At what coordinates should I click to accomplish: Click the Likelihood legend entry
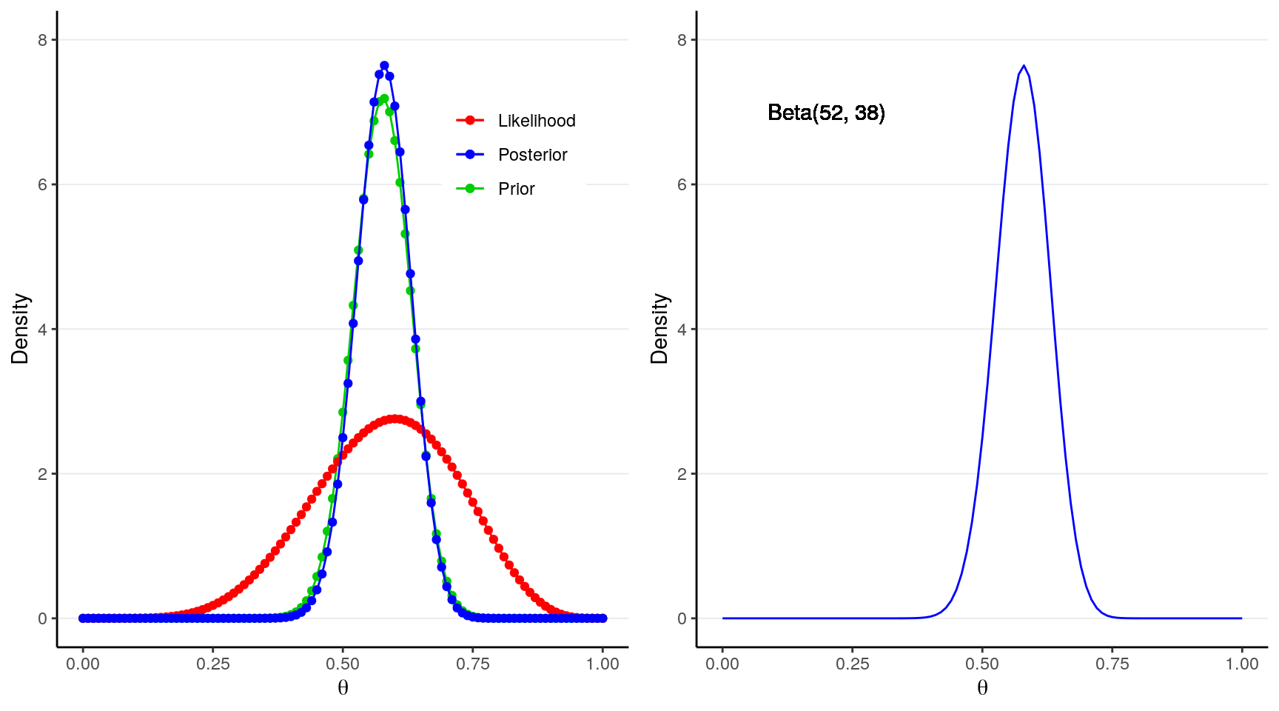click(536, 121)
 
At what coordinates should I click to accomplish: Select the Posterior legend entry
click(532, 155)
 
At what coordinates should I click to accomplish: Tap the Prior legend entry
click(516, 189)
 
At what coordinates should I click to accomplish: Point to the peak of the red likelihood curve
click(395, 419)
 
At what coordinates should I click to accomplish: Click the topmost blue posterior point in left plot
click(384, 66)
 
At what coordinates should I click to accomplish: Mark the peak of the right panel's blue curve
click(1024, 66)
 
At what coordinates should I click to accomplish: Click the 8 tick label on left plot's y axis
click(43, 40)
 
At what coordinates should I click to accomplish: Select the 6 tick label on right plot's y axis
click(682, 184)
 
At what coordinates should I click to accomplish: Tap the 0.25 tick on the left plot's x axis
click(213, 664)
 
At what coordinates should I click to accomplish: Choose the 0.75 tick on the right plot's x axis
click(1112, 664)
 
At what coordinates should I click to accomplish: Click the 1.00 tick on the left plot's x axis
click(602, 664)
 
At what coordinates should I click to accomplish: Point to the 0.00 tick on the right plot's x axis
click(722, 664)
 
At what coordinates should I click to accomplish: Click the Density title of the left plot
click(20, 329)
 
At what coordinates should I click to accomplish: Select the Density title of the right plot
click(659, 329)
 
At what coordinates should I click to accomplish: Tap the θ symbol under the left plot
click(343, 688)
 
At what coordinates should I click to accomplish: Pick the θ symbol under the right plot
click(982, 688)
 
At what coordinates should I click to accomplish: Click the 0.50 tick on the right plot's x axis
click(982, 664)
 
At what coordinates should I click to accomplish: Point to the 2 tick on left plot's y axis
click(43, 474)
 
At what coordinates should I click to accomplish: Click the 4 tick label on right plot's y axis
click(682, 330)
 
